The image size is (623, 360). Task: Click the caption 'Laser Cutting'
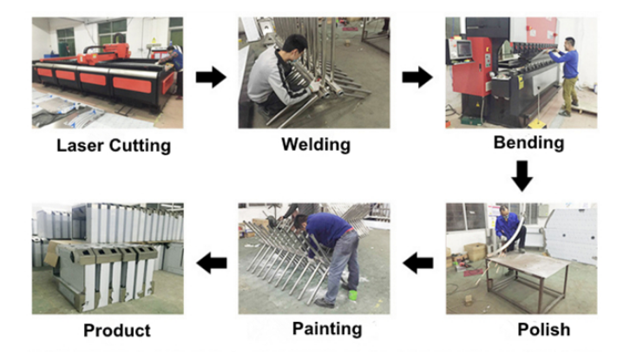(114, 146)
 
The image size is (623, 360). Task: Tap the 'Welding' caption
(316, 145)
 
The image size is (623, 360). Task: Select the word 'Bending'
(528, 142)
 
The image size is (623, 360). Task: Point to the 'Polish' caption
(543, 330)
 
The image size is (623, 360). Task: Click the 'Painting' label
(327, 329)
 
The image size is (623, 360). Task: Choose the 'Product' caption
(117, 331)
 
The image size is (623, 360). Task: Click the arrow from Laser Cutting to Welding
(211, 77)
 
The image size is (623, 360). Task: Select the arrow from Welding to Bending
(417, 77)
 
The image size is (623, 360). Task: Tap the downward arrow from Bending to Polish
(521, 176)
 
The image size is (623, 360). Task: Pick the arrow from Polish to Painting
(418, 263)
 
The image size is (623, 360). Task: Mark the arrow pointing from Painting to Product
(212, 263)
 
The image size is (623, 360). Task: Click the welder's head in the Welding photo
(294, 47)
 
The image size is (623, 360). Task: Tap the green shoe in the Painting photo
(353, 295)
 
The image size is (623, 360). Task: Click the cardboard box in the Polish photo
(475, 252)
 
